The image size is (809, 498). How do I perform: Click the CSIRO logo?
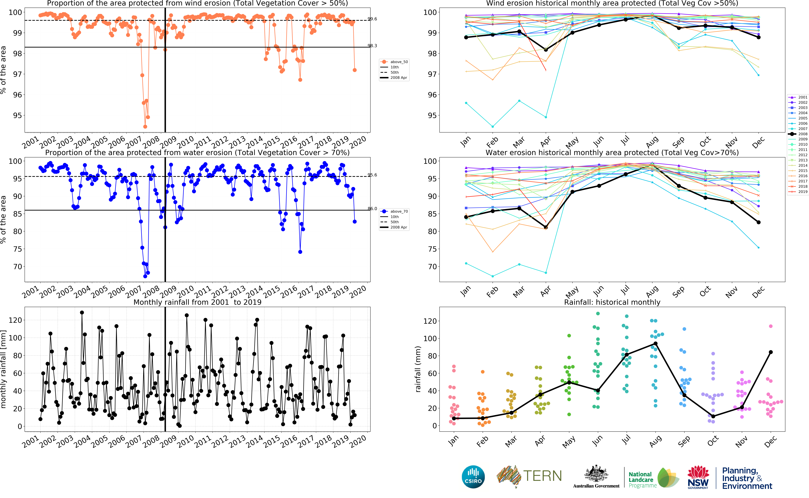(x=473, y=477)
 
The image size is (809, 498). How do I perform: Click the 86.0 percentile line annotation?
(x=372, y=208)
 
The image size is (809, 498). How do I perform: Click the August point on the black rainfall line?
(x=655, y=344)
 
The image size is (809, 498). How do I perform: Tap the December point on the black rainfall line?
(x=771, y=352)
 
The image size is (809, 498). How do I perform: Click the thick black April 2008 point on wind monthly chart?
(x=546, y=50)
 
